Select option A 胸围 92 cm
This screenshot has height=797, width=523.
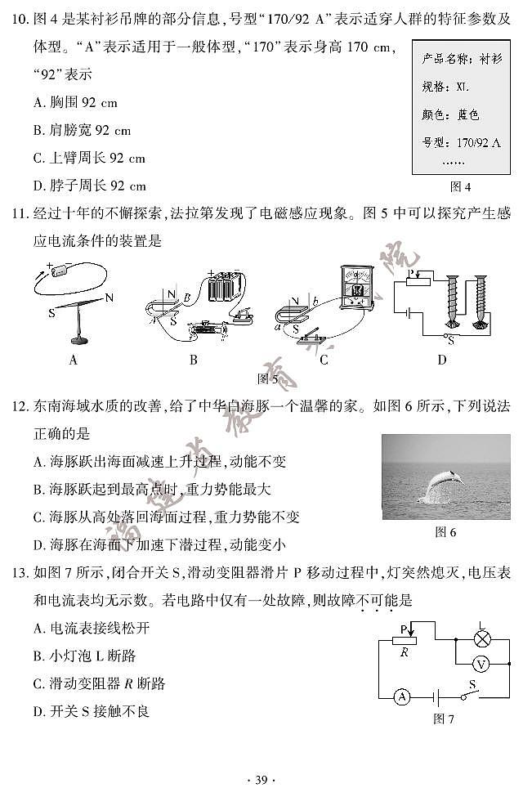tap(76, 103)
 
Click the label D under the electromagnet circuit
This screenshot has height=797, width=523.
tap(442, 359)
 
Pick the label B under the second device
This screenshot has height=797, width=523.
tap(193, 359)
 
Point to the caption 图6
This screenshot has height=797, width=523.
tap(445, 532)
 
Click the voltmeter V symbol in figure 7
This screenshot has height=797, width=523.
tap(481, 664)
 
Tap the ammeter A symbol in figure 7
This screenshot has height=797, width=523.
tap(401, 696)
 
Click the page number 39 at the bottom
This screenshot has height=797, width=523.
tap(261, 779)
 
